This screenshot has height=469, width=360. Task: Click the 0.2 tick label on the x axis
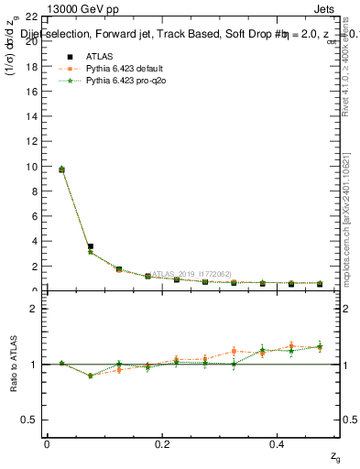tap(162, 443)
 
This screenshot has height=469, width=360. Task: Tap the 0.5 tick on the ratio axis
tap(33, 420)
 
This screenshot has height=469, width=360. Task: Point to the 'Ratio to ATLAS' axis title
tap(12, 364)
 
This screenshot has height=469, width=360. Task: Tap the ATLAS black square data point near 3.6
tap(90, 246)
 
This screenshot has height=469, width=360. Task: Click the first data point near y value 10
tap(61, 169)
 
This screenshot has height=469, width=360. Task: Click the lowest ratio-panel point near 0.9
tap(90, 376)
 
